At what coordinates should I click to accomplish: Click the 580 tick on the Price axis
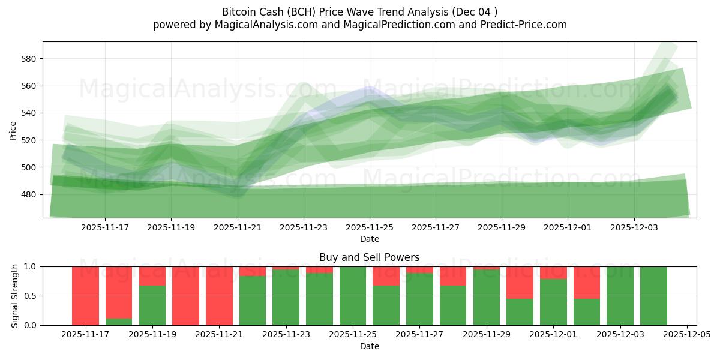pyautogui.click(x=29, y=59)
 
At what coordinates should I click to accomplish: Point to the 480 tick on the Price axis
pyautogui.click(x=29, y=194)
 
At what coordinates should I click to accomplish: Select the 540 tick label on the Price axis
pyautogui.click(x=29, y=113)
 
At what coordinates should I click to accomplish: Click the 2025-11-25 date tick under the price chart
pyautogui.click(x=369, y=227)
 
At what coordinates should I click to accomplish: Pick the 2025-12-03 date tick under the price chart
pyautogui.click(x=634, y=227)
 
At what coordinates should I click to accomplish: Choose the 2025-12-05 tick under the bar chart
pyautogui.click(x=686, y=335)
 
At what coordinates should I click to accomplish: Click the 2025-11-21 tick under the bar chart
pyautogui.click(x=220, y=335)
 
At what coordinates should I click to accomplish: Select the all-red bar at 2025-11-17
pyautogui.click(x=85, y=296)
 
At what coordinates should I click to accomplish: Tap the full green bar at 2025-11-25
pyautogui.click(x=353, y=296)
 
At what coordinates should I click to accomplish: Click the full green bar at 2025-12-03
pyautogui.click(x=620, y=296)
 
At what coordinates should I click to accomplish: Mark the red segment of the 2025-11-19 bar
pyautogui.click(x=152, y=276)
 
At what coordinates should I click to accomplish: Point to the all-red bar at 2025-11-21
pyautogui.click(x=219, y=296)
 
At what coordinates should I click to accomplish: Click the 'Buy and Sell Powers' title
pyautogui.click(x=369, y=257)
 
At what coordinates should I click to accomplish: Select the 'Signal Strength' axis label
pyautogui.click(x=15, y=296)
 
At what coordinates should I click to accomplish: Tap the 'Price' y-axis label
pyautogui.click(x=13, y=130)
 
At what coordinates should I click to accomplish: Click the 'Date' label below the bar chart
pyautogui.click(x=369, y=346)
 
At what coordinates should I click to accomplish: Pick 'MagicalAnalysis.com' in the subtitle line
pyautogui.click(x=262, y=25)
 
